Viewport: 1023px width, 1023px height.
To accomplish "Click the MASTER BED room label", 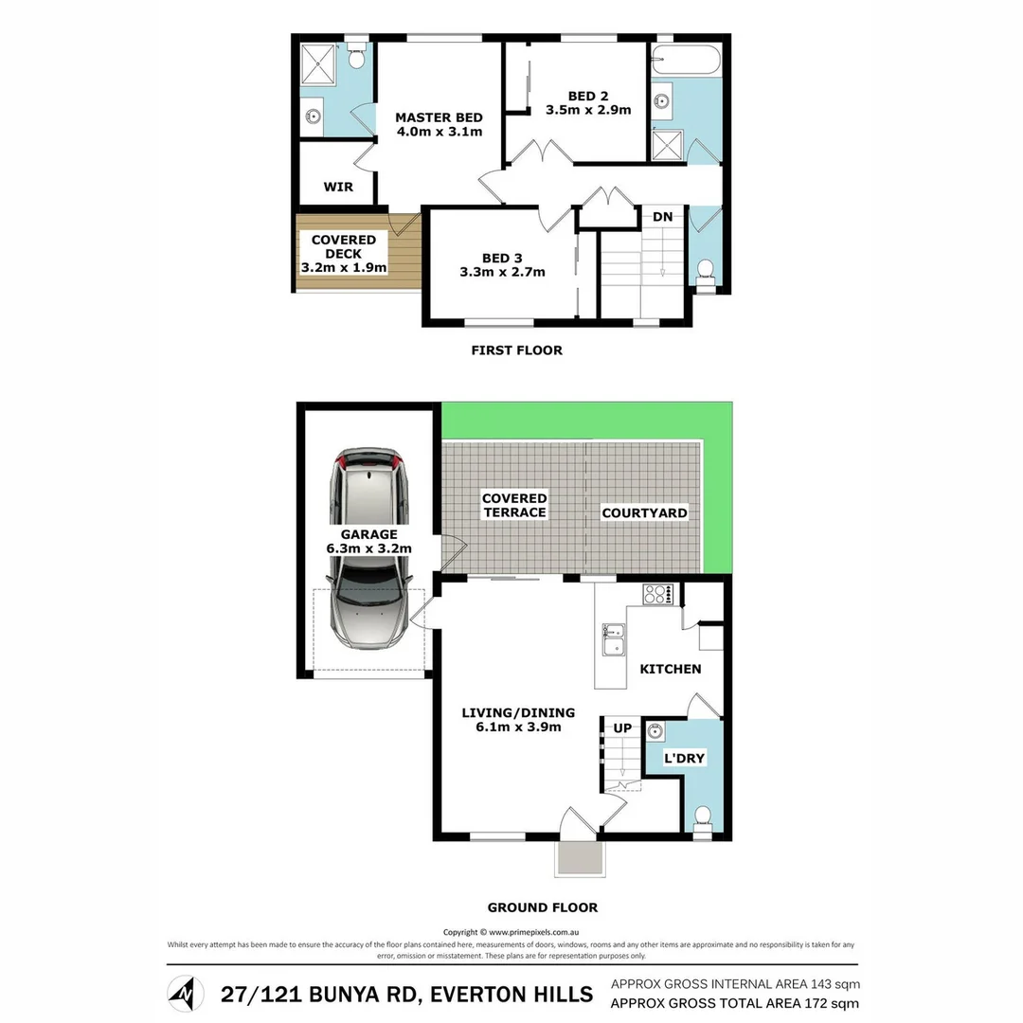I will (439, 117).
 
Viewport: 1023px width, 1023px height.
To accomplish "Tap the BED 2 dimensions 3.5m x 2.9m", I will (588, 110).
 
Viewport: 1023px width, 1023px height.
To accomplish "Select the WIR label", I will (338, 187).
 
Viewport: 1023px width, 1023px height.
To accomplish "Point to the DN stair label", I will (662, 217).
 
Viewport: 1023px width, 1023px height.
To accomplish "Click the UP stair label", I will (623, 727).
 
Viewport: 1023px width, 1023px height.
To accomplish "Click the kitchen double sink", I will (613, 639).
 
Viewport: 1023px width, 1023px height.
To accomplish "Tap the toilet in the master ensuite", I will (356, 58).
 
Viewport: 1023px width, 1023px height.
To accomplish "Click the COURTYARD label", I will (644, 512).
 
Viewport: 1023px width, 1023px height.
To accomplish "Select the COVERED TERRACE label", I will (513, 505).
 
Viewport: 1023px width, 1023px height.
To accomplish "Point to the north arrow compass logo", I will (186, 994).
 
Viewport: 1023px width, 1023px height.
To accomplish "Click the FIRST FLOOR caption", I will (516, 350).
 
